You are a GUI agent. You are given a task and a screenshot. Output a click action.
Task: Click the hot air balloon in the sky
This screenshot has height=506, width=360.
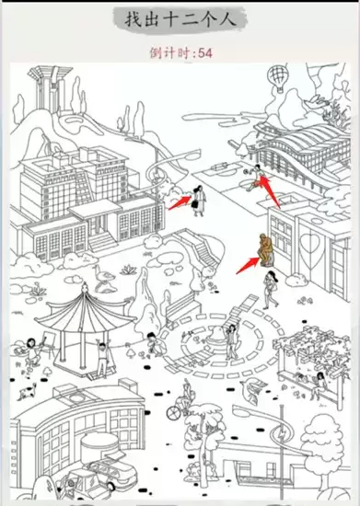click(278, 77)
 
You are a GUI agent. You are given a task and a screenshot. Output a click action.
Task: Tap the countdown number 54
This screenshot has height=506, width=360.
click(205, 52)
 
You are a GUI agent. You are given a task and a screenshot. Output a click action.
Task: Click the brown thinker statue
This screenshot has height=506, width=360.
click(265, 249)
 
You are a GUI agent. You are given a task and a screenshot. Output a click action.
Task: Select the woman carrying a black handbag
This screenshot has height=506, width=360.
click(199, 201)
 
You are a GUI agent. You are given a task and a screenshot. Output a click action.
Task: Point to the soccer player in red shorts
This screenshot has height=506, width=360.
click(255, 178)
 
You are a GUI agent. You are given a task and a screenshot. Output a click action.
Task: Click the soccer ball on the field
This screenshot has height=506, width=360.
click(247, 171)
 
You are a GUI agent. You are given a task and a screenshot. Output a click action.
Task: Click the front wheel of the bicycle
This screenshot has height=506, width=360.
click(173, 412)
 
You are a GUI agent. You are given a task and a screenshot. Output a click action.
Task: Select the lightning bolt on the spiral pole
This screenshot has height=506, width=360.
click(283, 434)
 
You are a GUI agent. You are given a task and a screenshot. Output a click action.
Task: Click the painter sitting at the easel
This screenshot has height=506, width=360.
click(31, 351)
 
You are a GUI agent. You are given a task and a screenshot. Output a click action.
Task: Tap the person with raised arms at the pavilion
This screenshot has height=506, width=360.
click(103, 358)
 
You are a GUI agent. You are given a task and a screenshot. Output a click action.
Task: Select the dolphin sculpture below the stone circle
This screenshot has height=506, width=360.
click(252, 389)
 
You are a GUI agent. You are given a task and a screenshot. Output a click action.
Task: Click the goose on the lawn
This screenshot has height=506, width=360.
click(103, 277)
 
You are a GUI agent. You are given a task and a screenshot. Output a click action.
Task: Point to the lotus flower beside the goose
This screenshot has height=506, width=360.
click(129, 270)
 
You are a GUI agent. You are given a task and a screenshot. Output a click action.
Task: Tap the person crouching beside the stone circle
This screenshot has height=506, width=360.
click(154, 344)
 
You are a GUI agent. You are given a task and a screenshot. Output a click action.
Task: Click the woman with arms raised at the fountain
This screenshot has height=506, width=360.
click(232, 341)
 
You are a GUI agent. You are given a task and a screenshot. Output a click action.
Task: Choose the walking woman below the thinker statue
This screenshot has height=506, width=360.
click(271, 290)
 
